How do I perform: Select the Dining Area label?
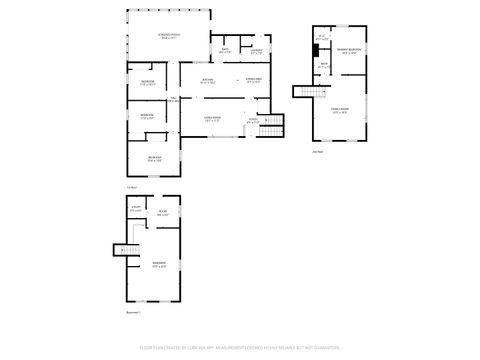tap(254, 80)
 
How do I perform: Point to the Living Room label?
tap(212, 120)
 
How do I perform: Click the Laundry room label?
tap(257, 50)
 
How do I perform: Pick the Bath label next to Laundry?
tap(225, 50)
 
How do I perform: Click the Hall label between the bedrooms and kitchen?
tap(174, 99)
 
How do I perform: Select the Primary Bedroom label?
tap(349, 50)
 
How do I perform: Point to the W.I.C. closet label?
tap(321, 38)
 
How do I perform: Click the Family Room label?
tap(341, 111)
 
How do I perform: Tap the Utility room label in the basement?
tap(136, 210)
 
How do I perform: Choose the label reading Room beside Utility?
tap(162, 213)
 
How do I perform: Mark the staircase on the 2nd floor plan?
tap(301, 93)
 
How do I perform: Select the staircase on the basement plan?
tap(128, 251)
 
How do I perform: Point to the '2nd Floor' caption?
tap(318, 152)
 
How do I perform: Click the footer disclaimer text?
tap(240, 349)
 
